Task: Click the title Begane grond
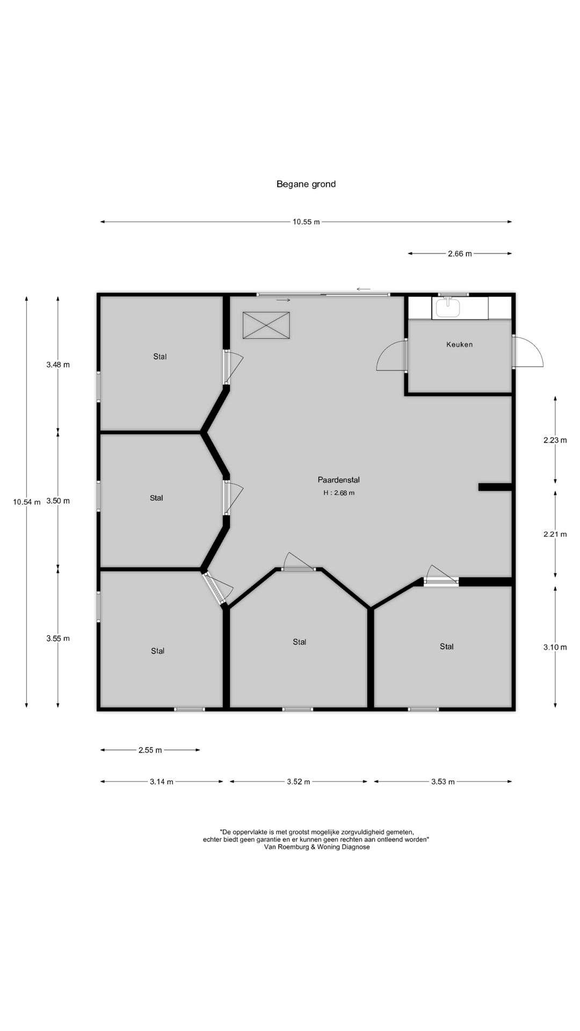(306, 184)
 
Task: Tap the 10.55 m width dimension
(306, 222)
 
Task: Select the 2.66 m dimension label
(460, 253)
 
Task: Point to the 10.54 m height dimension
(27, 502)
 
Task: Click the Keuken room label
(460, 344)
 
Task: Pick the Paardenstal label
(338, 480)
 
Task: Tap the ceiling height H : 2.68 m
(339, 492)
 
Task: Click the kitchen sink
(448, 308)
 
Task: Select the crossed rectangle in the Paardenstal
(266, 325)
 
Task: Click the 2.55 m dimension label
(150, 750)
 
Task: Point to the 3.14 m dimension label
(161, 782)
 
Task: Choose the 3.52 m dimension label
(299, 782)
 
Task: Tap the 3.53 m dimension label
(443, 782)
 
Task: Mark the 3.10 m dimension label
(555, 647)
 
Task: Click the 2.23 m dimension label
(555, 440)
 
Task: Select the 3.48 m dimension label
(58, 365)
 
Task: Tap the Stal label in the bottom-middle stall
(300, 642)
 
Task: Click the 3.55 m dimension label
(58, 638)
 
